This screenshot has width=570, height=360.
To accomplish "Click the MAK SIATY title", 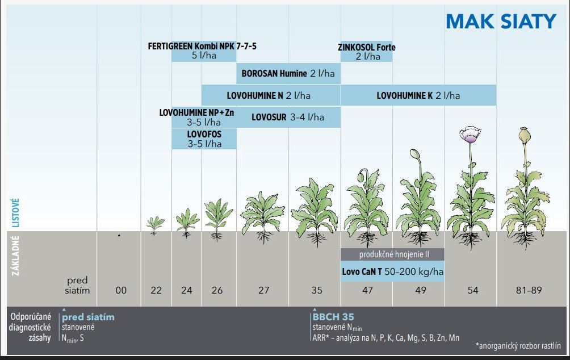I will (501, 21).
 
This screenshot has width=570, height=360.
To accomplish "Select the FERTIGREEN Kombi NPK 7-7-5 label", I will (202, 46).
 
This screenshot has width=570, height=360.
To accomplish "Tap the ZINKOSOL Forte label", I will (367, 47).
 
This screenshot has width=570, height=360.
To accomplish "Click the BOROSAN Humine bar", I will (288, 73).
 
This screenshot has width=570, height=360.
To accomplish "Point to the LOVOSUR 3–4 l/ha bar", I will (288, 117).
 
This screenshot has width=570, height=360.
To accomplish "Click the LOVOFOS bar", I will (204, 139).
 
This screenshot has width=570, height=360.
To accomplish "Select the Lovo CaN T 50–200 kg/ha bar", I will (392, 272).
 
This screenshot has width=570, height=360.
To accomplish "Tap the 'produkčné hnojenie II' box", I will (392, 254).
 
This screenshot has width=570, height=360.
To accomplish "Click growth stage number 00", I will (121, 290).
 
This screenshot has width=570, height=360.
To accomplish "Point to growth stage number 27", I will (263, 290).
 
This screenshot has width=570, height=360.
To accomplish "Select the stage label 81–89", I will (529, 290).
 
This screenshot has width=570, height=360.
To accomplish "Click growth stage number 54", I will (472, 290).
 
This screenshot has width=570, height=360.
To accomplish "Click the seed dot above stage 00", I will (119, 235).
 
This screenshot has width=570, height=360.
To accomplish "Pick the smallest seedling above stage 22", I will (153, 223).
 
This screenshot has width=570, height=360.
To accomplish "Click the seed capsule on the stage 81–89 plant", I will (526, 135).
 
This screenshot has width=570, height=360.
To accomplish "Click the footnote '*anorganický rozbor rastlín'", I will (518, 345).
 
